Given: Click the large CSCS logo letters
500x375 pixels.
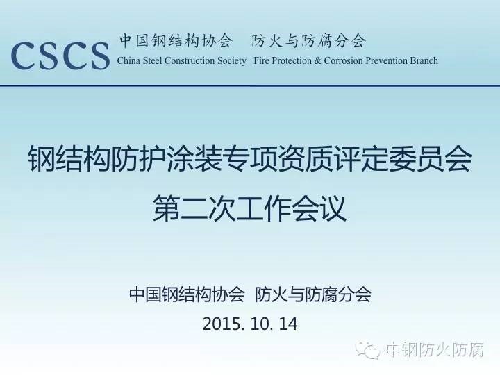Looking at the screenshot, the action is (60, 56).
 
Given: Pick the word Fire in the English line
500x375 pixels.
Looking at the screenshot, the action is (260, 60).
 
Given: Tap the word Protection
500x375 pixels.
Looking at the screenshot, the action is (291, 60).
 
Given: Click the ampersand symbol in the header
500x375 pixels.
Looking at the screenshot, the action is (317, 60).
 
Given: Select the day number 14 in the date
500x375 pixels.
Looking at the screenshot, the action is (288, 324).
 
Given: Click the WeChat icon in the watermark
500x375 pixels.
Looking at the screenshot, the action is (367, 350).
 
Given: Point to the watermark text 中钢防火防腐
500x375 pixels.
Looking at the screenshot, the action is (435, 350).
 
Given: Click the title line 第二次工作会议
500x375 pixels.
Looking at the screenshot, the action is (250, 208).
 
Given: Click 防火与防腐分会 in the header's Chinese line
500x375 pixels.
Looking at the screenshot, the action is (308, 41).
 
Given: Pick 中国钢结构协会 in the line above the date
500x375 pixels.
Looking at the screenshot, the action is (187, 294).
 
